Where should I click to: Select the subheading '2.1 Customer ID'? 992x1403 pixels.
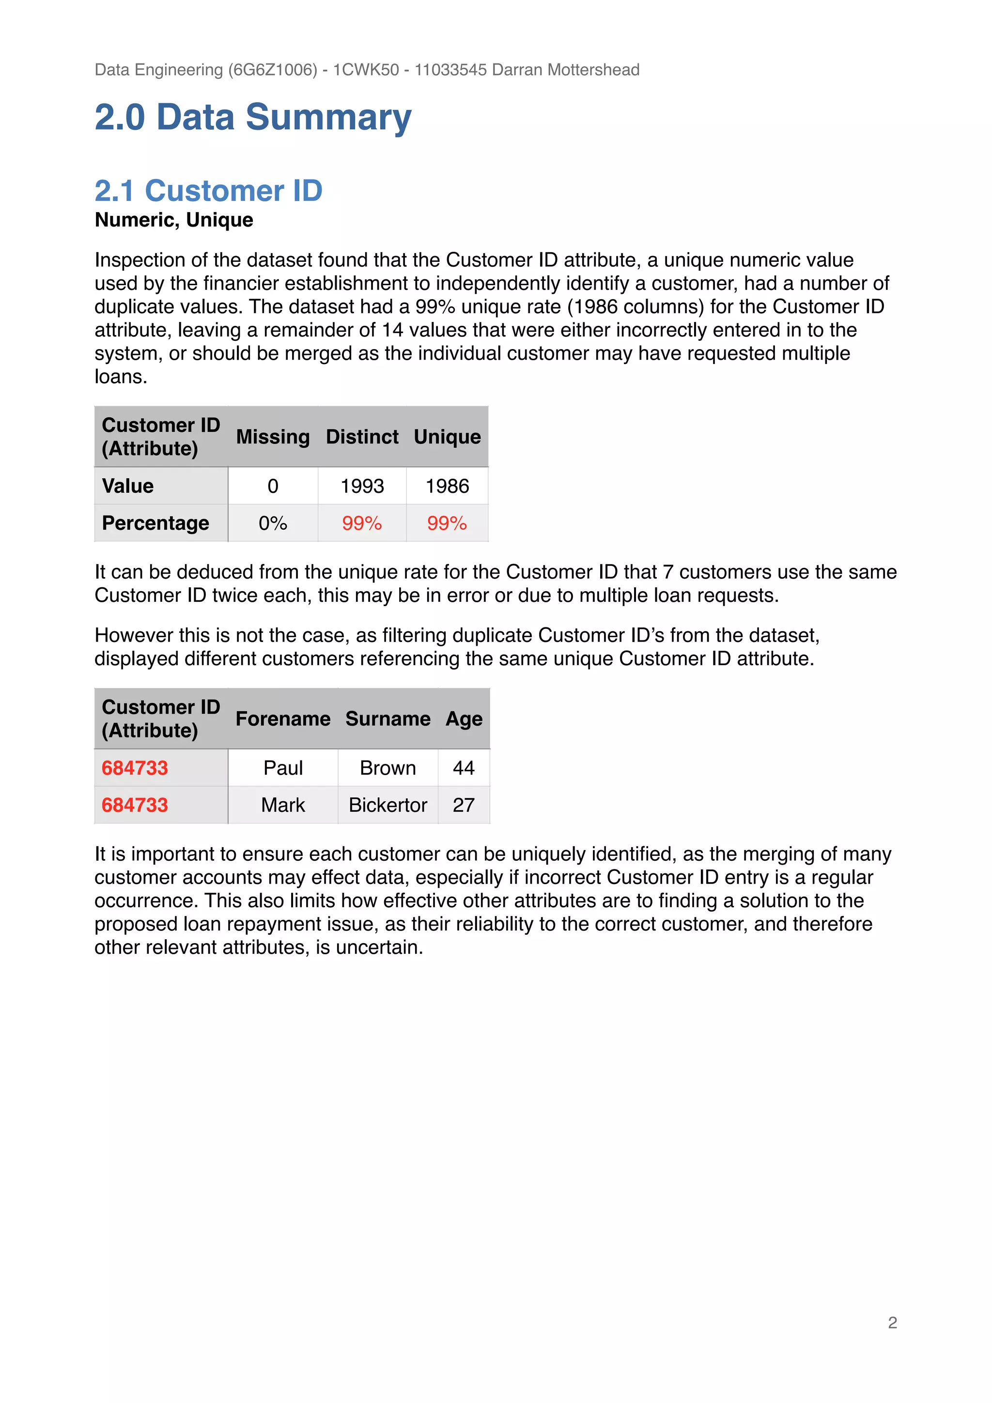(x=208, y=191)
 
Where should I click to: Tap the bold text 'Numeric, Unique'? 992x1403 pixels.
(x=173, y=220)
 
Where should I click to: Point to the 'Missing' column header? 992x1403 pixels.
(x=273, y=437)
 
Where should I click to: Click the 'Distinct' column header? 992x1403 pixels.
(x=362, y=437)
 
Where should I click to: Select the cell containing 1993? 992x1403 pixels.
(x=362, y=487)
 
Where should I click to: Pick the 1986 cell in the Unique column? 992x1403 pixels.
(x=447, y=487)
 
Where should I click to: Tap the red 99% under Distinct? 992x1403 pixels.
(x=362, y=524)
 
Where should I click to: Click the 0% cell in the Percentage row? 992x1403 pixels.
(x=273, y=524)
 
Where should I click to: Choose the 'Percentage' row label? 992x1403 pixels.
(x=155, y=524)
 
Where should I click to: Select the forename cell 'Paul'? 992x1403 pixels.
(x=283, y=768)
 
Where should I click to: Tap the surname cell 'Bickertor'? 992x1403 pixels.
(x=387, y=806)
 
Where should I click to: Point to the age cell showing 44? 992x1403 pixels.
(x=463, y=768)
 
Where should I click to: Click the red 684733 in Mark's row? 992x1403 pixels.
(x=135, y=806)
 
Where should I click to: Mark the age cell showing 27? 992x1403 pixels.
(x=463, y=806)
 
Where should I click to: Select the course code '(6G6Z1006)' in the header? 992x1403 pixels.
(x=273, y=70)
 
